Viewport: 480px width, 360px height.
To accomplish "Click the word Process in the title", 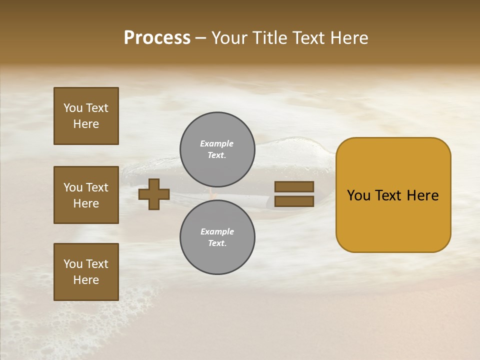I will pyautogui.click(x=157, y=38).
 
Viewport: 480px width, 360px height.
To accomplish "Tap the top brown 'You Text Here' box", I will pyautogui.click(x=86, y=116).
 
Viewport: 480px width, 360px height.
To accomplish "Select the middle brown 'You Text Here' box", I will pyautogui.click(x=86, y=195).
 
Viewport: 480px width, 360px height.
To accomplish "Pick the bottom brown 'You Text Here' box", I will pyautogui.click(x=86, y=272).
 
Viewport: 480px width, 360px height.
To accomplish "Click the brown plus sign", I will pyautogui.click(x=154, y=194).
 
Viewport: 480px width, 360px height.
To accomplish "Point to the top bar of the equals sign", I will pyautogui.click(x=294, y=186).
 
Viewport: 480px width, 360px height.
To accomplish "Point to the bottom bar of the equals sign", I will pyautogui.click(x=294, y=201).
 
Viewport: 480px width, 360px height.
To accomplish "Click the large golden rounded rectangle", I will pyautogui.click(x=393, y=220).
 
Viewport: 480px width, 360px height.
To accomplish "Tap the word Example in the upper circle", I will pyautogui.click(x=216, y=143).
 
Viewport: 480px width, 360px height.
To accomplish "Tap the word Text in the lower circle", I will pyautogui.click(x=216, y=243).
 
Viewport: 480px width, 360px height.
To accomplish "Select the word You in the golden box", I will pyautogui.click(x=359, y=195).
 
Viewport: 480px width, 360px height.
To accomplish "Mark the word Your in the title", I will pyautogui.click(x=230, y=38).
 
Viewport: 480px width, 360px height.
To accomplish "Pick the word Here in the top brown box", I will pyautogui.click(x=86, y=124).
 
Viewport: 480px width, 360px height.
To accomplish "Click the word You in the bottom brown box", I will pyautogui.click(x=73, y=264).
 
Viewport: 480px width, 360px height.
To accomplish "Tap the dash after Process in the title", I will pyautogui.click(x=200, y=38).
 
